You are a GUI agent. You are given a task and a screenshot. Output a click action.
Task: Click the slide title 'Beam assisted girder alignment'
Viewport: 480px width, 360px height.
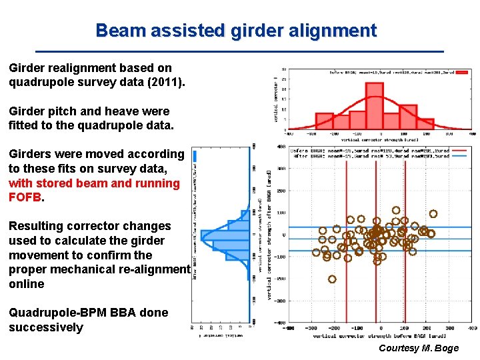[x=236, y=31]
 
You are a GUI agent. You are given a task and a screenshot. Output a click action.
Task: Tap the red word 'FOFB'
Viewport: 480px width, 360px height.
[x=25, y=197]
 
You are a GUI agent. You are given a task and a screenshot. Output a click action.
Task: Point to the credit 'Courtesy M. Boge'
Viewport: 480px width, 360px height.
[x=418, y=349]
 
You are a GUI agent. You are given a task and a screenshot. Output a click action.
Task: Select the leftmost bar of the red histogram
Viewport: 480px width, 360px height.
[x=324, y=121]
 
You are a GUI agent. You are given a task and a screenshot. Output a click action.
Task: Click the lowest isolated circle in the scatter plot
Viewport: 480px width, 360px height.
[x=332, y=279]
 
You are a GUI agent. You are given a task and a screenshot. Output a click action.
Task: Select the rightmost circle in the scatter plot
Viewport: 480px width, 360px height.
[x=433, y=214]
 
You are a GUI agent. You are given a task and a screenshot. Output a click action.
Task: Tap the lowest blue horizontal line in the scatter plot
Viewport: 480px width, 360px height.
[x=373, y=251]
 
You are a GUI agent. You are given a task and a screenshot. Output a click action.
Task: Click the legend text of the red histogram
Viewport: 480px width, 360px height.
[x=393, y=72]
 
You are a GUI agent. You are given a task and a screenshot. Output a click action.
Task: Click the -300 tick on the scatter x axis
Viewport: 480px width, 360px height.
[x=311, y=328]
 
